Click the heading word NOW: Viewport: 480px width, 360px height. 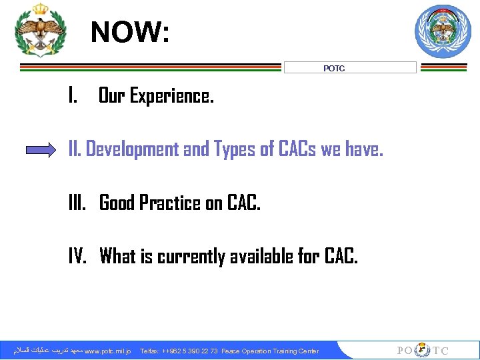(x=130, y=32)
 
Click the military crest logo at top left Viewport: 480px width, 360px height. (x=41, y=31)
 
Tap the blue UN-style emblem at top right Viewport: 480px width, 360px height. (x=443, y=31)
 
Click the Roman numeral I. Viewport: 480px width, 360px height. (x=72, y=97)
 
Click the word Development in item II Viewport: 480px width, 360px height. (x=133, y=149)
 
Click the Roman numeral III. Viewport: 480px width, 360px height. (x=78, y=203)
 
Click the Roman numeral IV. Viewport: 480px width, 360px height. (x=77, y=256)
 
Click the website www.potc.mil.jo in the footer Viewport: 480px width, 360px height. (x=109, y=351)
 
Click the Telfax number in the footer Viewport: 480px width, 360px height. (x=179, y=351)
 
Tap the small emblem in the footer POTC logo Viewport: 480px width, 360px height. (x=422, y=351)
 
